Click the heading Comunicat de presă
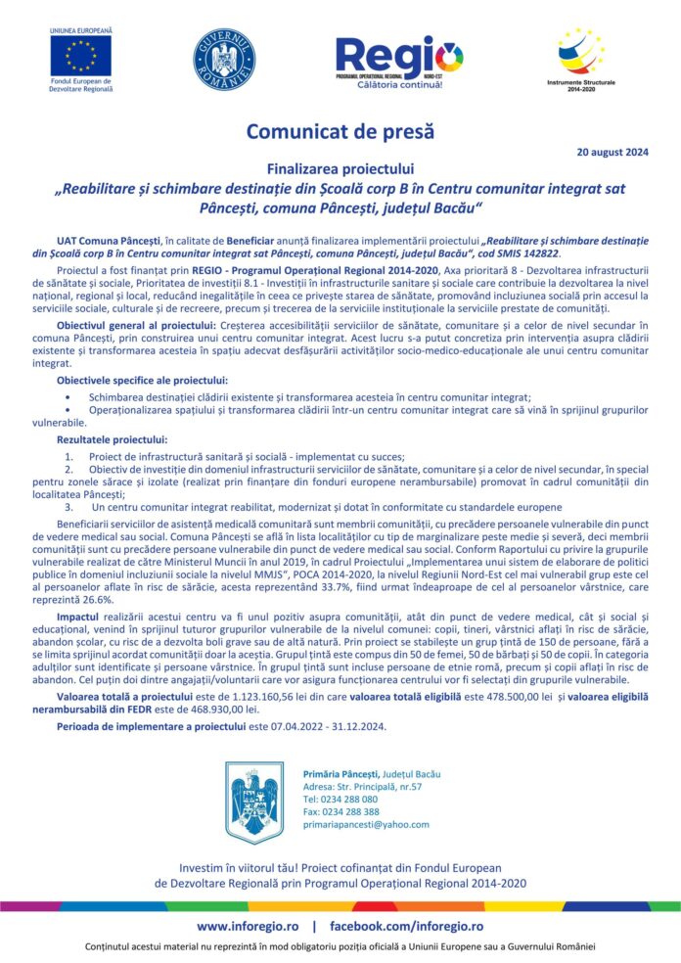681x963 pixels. pos(340,131)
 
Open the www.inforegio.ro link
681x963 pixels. pos(248,925)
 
